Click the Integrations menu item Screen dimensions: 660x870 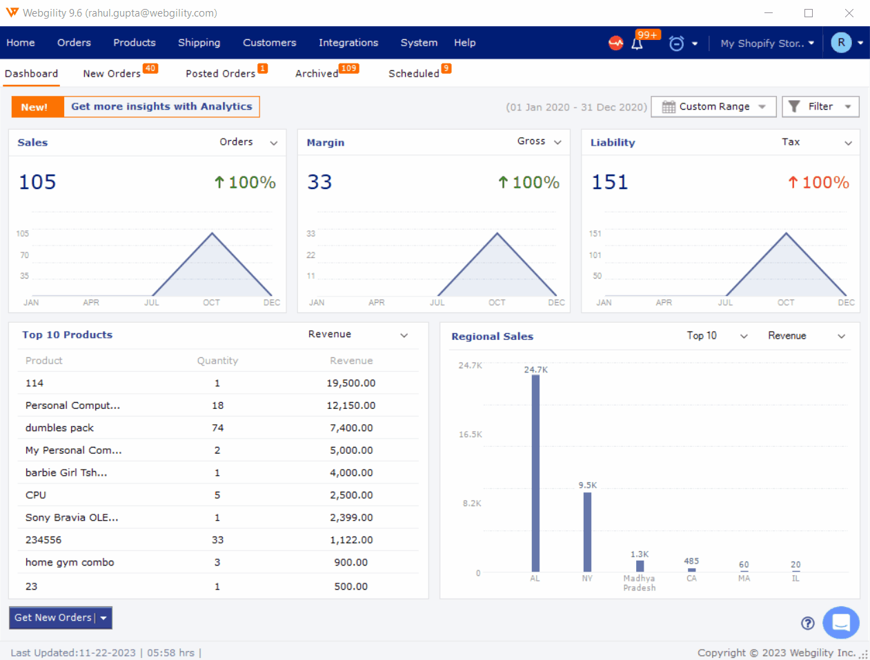click(348, 43)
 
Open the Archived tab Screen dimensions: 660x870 click(317, 74)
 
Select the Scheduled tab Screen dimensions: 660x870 click(413, 74)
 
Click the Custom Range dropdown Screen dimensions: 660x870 click(713, 107)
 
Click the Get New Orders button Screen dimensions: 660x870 click(53, 618)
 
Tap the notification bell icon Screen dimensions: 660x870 click(637, 43)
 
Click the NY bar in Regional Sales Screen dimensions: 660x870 click(587, 532)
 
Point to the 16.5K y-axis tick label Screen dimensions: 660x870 click(471, 434)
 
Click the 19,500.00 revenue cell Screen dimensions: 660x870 click(350, 383)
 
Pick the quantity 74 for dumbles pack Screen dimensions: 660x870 click(217, 428)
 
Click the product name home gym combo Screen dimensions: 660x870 click(70, 563)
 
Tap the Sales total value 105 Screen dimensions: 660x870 click(37, 182)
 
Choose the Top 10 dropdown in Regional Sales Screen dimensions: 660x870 click(716, 336)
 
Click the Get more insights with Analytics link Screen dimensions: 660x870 click(161, 107)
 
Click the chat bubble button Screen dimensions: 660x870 click(840, 623)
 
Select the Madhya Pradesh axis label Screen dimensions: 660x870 click(640, 583)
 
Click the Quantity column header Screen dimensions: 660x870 click(217, 361)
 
